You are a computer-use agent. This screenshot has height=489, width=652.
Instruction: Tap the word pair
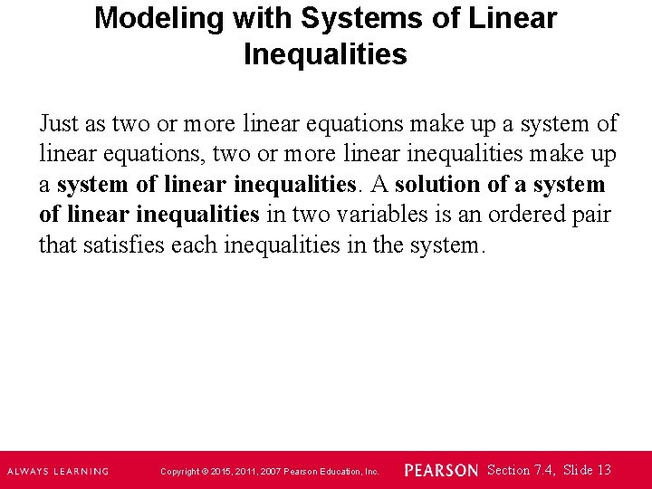point(592,215)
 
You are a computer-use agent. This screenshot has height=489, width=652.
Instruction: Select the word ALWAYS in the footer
point(30,471)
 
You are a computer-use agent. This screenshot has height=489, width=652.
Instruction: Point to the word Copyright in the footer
point(178,472)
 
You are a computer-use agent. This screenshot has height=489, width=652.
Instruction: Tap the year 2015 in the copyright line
point(222,472)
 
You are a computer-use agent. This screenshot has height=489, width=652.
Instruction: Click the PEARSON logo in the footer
point(441,470)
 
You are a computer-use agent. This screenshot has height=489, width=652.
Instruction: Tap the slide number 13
point(604,470)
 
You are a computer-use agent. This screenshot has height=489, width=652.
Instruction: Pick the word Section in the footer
point(507,470)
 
